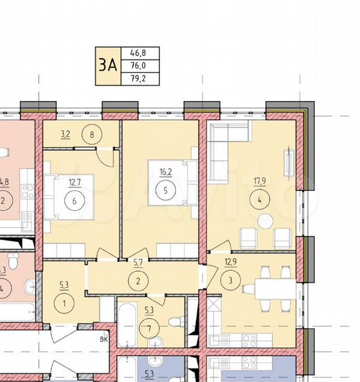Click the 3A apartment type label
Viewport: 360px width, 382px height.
point(107,65)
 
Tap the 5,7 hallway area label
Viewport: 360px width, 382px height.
point(139,262)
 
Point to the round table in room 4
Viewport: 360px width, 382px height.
point(265,221)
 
